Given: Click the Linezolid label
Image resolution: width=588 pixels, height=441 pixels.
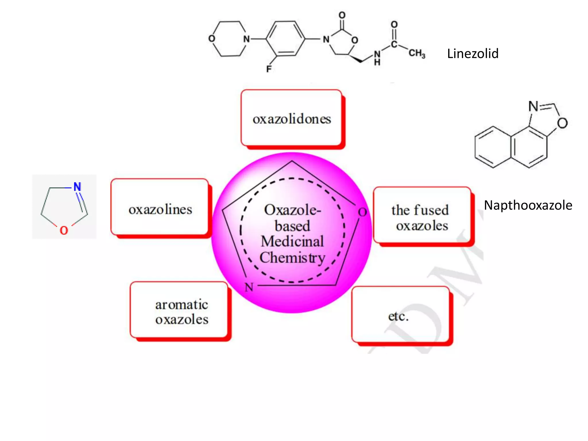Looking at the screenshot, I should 473,54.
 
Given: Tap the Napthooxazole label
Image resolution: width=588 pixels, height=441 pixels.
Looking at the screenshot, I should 528,205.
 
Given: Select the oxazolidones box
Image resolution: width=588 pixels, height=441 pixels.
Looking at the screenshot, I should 291,118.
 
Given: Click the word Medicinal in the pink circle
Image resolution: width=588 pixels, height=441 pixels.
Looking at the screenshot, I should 292,241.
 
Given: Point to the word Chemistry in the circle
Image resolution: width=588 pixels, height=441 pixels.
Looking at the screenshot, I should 292,257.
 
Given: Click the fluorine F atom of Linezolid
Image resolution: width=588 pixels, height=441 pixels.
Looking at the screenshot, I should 269,69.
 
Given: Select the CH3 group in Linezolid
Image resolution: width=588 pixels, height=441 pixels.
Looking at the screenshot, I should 417,53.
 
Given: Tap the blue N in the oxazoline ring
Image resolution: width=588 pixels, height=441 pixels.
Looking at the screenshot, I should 77,187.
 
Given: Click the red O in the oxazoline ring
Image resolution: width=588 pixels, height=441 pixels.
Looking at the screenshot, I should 64,230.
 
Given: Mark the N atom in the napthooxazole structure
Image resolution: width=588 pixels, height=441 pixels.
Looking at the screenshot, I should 533,106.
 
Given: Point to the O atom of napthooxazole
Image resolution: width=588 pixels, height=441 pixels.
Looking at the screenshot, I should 562,123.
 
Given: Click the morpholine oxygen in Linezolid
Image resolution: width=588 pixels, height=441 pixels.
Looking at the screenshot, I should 212,38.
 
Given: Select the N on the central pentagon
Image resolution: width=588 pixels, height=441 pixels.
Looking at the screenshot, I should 249,287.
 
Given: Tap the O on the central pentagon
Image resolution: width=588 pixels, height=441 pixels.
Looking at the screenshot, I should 362,212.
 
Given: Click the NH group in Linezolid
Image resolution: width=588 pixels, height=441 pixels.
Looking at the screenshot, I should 377,57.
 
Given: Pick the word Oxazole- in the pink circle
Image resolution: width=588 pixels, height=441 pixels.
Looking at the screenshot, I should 292,210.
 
